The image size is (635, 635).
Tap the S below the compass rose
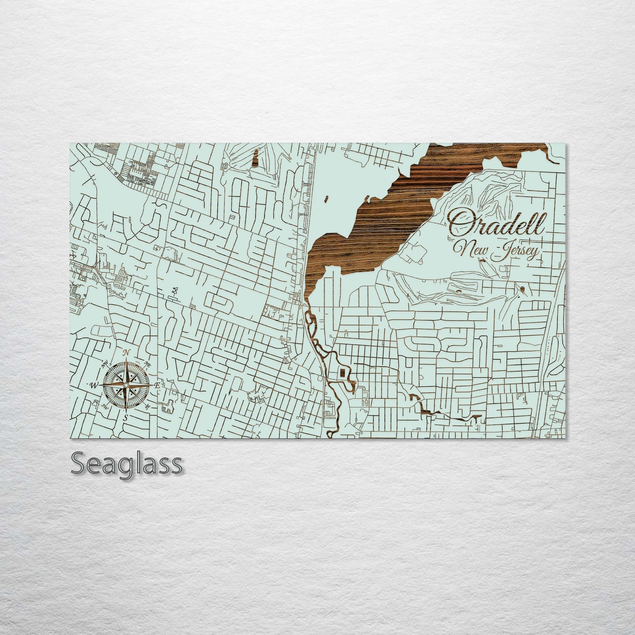tap(126, 418)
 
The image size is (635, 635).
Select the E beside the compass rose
tap(157, 385)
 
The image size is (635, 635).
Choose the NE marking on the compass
tap(148, 364)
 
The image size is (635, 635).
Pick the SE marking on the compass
tap(148, 406)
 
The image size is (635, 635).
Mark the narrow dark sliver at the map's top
tap(255, 159)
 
